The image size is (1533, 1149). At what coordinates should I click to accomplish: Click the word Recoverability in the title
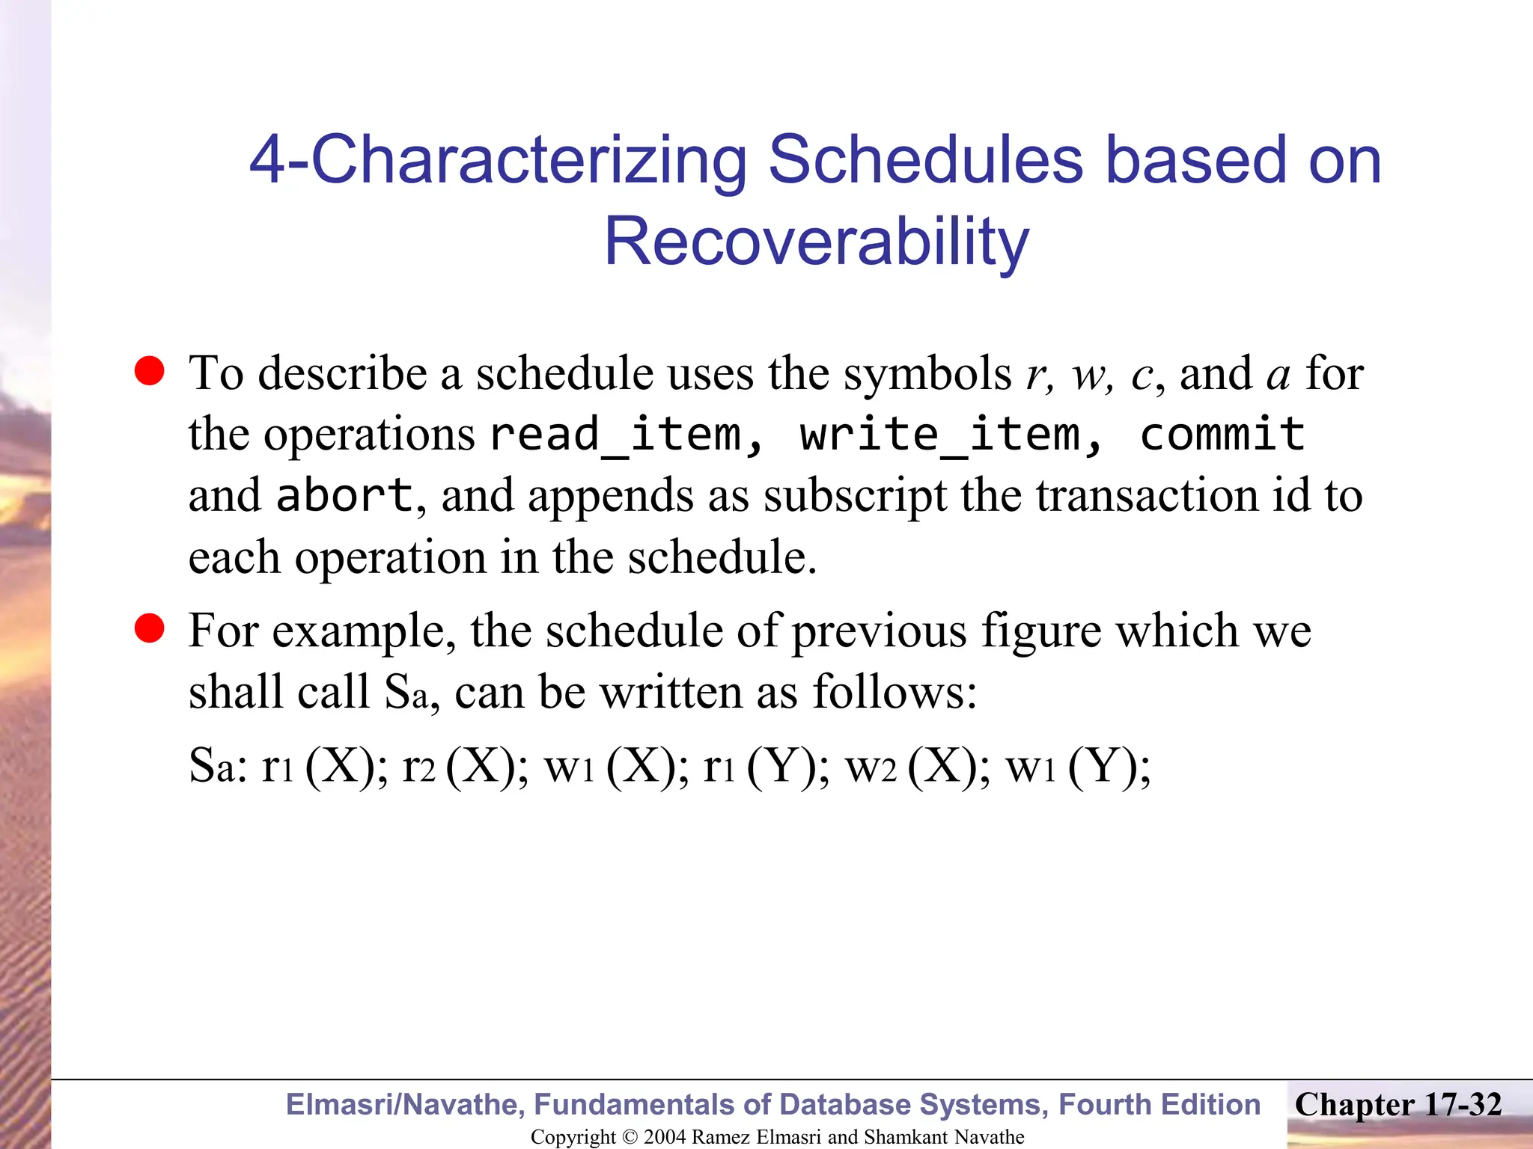click(x=817, y=241)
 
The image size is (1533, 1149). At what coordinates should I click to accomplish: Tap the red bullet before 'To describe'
click(x=150, y=371)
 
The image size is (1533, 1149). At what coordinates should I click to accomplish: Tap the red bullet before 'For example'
click(x=150, y=628)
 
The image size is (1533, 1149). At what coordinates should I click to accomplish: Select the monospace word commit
click(x=1222, y=435)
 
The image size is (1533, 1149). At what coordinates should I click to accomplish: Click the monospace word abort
click(x=344, y=495)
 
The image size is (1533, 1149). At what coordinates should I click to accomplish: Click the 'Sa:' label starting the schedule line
click(x=218, y=767)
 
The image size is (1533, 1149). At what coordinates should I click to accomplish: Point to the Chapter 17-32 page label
click(x=1398, y=1105)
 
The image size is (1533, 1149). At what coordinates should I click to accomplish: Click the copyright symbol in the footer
click(x=630, y=1137)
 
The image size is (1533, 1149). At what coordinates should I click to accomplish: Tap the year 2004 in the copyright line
click(x=665, y=1137)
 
